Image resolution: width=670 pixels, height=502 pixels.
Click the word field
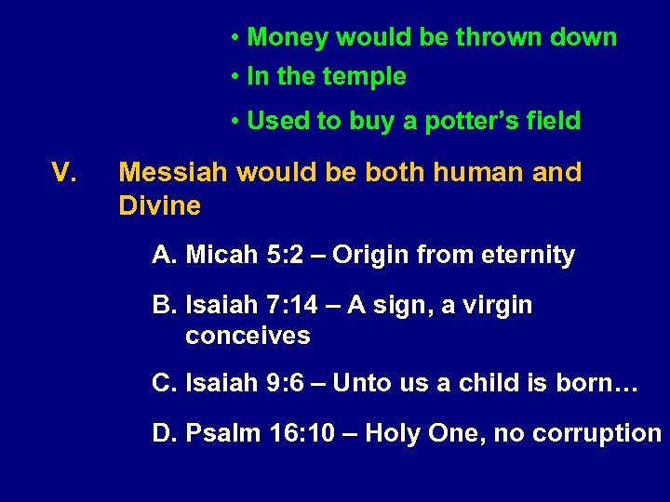click(x=553, y=121)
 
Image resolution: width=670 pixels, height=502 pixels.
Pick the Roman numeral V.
click(x=63, y=173)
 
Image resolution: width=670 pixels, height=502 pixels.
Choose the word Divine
click(x=159, y=206)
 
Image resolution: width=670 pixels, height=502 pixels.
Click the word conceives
click(x=248, y=336)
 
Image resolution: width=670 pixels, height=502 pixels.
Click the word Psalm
click(x=221, y=433)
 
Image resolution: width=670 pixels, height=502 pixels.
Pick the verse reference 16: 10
click(x=299, y=433)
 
